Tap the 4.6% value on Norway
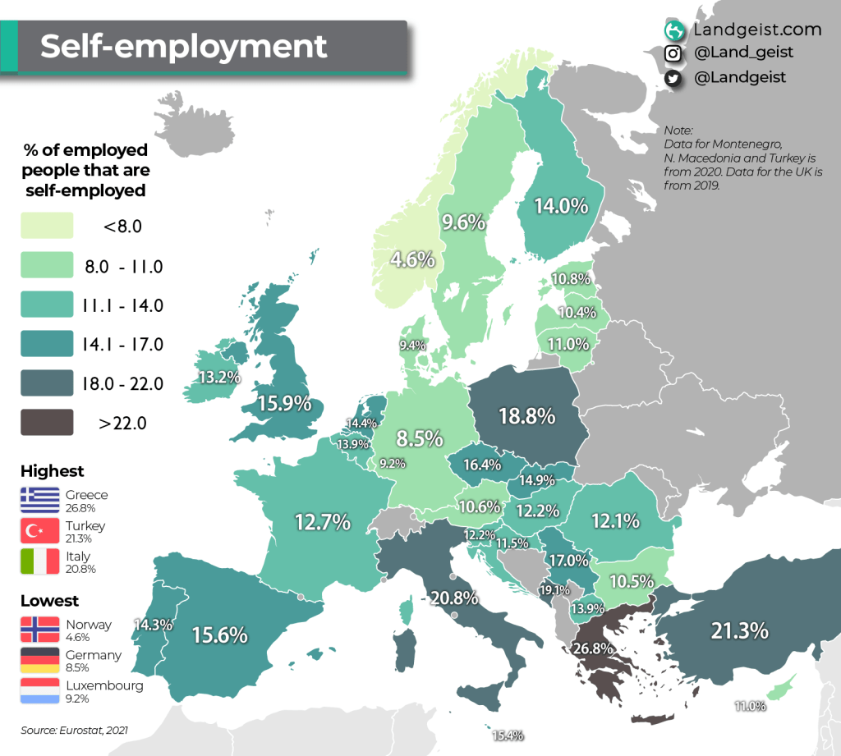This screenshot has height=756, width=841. point(412,260)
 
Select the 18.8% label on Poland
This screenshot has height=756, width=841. point(527,416)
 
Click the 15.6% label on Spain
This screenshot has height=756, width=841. point(220,635)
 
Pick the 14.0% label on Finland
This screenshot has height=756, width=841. point(561,206)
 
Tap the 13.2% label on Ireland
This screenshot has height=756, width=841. point(219,378)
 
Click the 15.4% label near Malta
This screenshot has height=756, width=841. point(508,735)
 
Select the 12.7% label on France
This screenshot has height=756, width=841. point(323,521)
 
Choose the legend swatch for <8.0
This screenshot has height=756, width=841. point(47,226)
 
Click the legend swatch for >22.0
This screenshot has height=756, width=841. point(47,423)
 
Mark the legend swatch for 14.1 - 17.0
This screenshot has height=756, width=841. point(47,344)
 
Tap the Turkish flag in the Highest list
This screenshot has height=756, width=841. point(40,530)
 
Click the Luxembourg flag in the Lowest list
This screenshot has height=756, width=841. point(40,691)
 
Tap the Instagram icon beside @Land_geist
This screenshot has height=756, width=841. point(673,53)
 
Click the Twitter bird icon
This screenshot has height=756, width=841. point(673,78)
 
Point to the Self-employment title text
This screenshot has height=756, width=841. point(184,46)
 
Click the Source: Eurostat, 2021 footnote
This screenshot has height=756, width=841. point(75,729)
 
